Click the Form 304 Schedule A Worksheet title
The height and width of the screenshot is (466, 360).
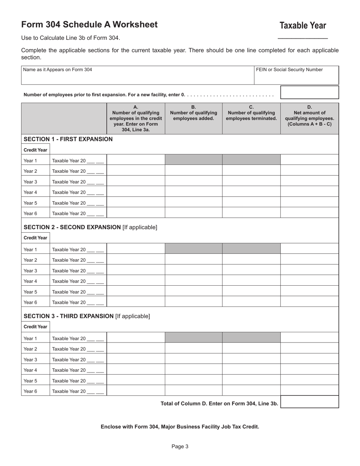pyautogui.click(x=89, y=25)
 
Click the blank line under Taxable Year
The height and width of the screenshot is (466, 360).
pyautogui.click(x=302, y=38)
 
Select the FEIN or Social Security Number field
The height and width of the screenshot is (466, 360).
pyautogui.click(x=296, y=75)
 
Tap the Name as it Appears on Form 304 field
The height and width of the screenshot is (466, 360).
pyautogui.click(x=137, y=75)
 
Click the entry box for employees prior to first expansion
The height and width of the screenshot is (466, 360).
pyautogui.click(x=309, y=92)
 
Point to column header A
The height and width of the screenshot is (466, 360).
pyautogui.click(x=136, y=118)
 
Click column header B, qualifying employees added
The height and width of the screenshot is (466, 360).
pyautogui.click(x=194, y=113)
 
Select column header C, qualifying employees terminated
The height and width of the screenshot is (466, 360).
pyautogui.click(x=251, y=113)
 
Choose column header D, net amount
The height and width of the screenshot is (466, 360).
pyautogui.click(x=309, y=116)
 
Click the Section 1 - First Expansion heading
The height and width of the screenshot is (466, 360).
pyautogui.click(x=68, y=139)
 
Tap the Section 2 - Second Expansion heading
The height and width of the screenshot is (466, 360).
pyautogui.click(x=90, y=227)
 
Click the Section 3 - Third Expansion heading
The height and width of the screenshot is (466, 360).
pyautogui.click(x=87, y=316)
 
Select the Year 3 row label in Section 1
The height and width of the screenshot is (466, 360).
pyautogui.click(x=31, y=182)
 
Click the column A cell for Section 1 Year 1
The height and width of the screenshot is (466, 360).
pyautogui.click(x=136, y=161)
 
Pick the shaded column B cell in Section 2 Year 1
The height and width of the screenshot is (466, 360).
pyautogui.click(x=194, y=249)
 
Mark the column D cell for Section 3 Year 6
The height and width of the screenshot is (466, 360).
pyautogui.click(x=309, y=391)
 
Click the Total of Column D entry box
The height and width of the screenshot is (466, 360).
pyautogui.click(x=309, y=402)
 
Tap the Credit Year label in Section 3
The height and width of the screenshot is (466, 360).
pyautogui.click(x=36, y=327)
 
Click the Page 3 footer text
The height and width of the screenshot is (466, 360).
pyautogui.click(x=180, y=447)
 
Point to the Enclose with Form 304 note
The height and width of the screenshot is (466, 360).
pyautogui.click(x=180, y=427)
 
